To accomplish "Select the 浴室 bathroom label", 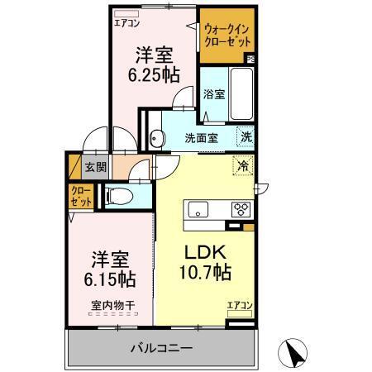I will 214,94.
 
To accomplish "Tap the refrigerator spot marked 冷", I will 244,165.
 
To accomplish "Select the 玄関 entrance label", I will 96,166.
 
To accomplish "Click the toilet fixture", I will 118,196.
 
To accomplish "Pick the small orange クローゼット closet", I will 81,196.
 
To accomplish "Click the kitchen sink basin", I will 200,208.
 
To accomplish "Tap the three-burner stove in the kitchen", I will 243,208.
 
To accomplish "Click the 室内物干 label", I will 113,306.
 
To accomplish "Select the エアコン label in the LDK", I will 240,306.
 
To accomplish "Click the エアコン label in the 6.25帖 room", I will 127,23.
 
